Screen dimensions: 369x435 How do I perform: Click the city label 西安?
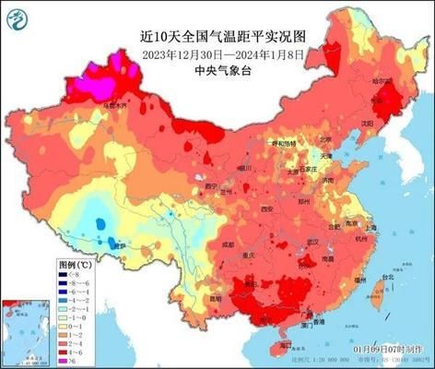pyautogui.click(x=268, y=209)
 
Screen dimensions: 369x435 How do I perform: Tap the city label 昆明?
pyautogui.click(x=214, y=300)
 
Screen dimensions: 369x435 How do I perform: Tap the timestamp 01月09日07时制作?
pyautogui.click(x=388, y=351)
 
